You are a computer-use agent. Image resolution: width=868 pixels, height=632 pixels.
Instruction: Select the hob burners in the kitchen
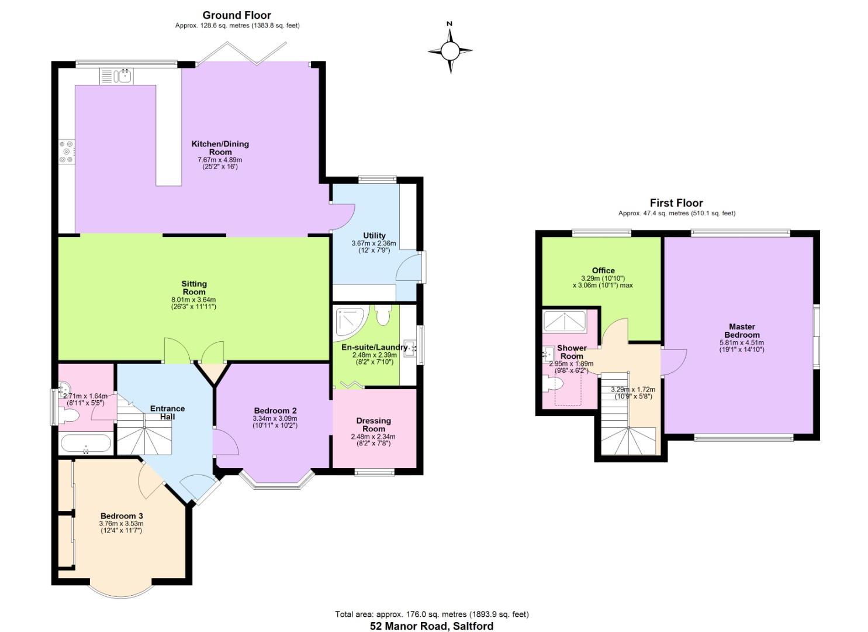coord(66,151)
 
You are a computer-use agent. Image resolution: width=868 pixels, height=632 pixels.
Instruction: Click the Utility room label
coord(374,236)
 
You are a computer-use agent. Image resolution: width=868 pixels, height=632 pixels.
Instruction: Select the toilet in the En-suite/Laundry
coord(383,315)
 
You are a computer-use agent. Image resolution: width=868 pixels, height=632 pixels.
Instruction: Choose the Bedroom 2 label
coord(275,410)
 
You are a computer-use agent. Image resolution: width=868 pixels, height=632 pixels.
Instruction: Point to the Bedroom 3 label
coord(122,516)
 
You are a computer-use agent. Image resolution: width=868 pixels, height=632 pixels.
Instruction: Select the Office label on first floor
coord(603,270)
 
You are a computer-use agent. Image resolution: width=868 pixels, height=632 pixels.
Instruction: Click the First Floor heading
coord(676,203)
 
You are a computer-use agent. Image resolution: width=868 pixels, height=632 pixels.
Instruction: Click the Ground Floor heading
coord(237,15)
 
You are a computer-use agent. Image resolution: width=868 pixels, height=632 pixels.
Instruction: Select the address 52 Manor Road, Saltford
coord(432,626)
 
